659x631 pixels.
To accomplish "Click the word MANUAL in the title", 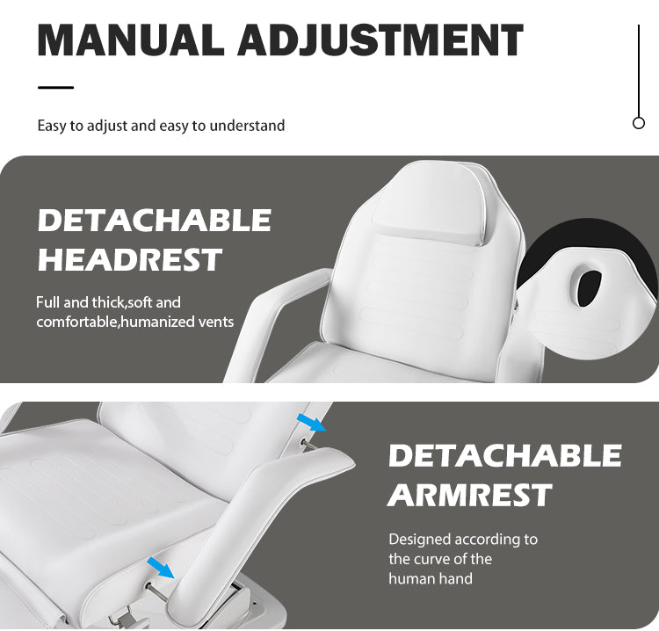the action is [131, 40].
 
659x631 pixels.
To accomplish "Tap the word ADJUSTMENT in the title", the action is [380, 40].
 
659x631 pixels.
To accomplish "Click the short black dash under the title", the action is [55, 87].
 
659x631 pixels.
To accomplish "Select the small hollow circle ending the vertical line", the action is [639, 123].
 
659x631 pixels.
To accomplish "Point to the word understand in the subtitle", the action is [247, 126].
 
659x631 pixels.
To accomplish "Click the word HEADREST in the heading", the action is [129, 259].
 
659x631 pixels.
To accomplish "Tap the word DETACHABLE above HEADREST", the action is [155, 220].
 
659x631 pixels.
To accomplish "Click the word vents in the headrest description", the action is [216, 322].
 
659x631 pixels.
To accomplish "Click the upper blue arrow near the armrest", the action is [311, 422].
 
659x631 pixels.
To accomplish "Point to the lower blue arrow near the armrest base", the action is [161, 568].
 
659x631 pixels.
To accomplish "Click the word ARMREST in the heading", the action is [469, 495].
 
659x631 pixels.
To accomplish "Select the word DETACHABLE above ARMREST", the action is [504, 455].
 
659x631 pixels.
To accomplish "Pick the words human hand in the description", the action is [431, 578].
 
